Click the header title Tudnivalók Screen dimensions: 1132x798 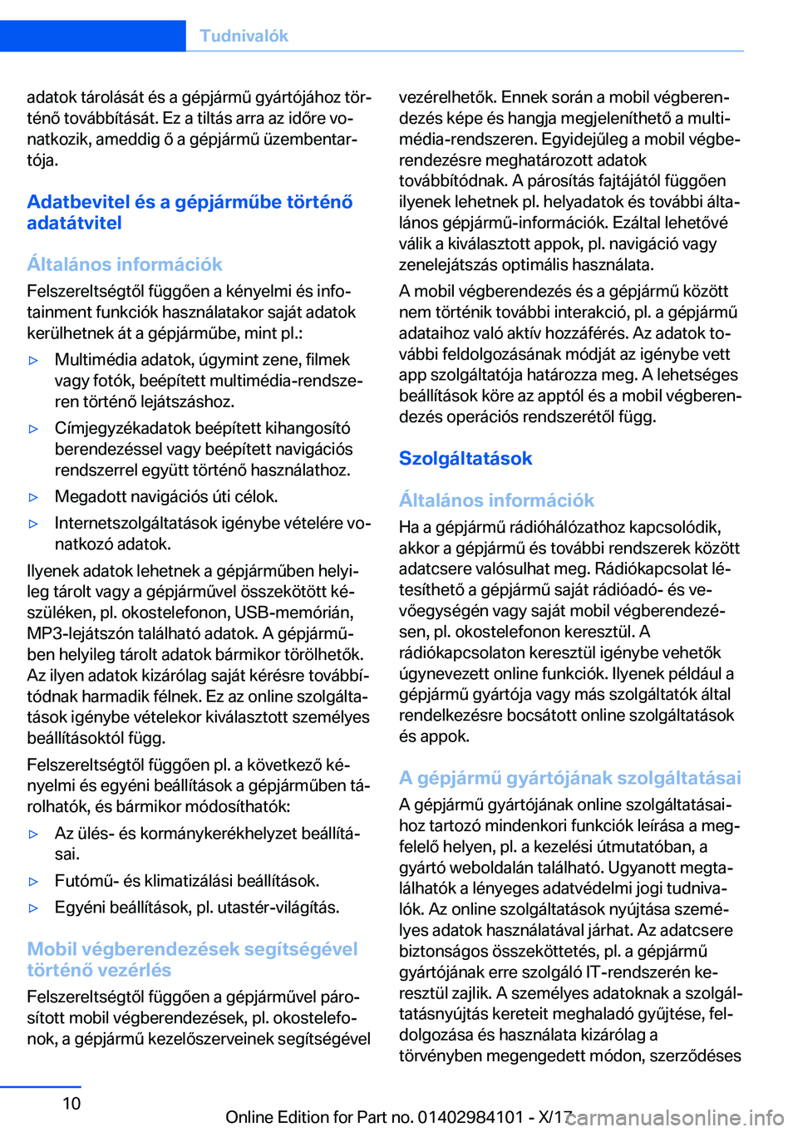click(x=244, y=36)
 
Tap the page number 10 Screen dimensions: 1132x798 click(x=72, y=1103)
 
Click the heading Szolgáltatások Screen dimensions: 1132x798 click(x=465, y=459)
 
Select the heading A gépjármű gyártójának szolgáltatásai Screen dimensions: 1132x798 click(x=569, y=778)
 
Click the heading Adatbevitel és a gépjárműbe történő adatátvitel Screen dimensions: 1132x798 click(x=190, y=213)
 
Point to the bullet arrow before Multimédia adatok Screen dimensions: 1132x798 click(x=34, y=361)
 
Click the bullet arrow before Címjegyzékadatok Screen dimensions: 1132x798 click(x=34, y=429)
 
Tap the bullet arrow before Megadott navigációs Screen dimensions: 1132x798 click(x=34, y=497)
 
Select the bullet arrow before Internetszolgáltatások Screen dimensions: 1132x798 click(x=34, y=524)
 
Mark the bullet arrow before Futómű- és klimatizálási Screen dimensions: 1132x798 click(x=34, y=881)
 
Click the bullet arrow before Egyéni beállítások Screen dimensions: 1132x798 click(x=34, y=908)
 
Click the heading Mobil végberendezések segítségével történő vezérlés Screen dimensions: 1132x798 click(x=192, y=959)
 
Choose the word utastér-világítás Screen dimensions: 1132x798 click(x=278, y=907)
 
